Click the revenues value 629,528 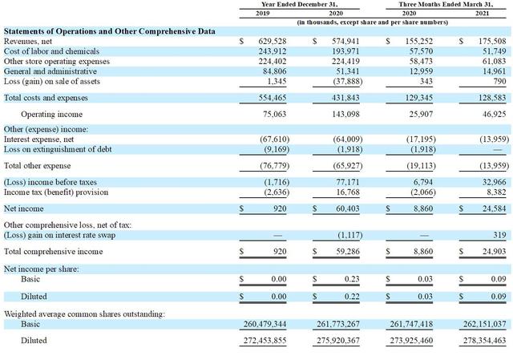pos(273,42)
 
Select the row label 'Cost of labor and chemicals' pos(51,51)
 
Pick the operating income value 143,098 pos(345,114)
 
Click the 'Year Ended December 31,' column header pos(299,4)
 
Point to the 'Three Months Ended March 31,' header pos(446,4)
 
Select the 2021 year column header pos(482,13)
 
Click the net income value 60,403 pos(347,208)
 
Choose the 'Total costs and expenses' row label pos(46,98)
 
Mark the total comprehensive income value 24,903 pos(494,251)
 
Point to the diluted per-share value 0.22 pos(352,297)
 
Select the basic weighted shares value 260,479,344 pos(265,324)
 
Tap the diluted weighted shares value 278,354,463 pos(484,341)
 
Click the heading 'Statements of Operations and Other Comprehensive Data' pos(110,31)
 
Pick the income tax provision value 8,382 pos(496,192)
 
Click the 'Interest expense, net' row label pos(38,140)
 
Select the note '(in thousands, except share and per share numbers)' pos(372,22)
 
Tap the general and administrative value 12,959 pos(421,71)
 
